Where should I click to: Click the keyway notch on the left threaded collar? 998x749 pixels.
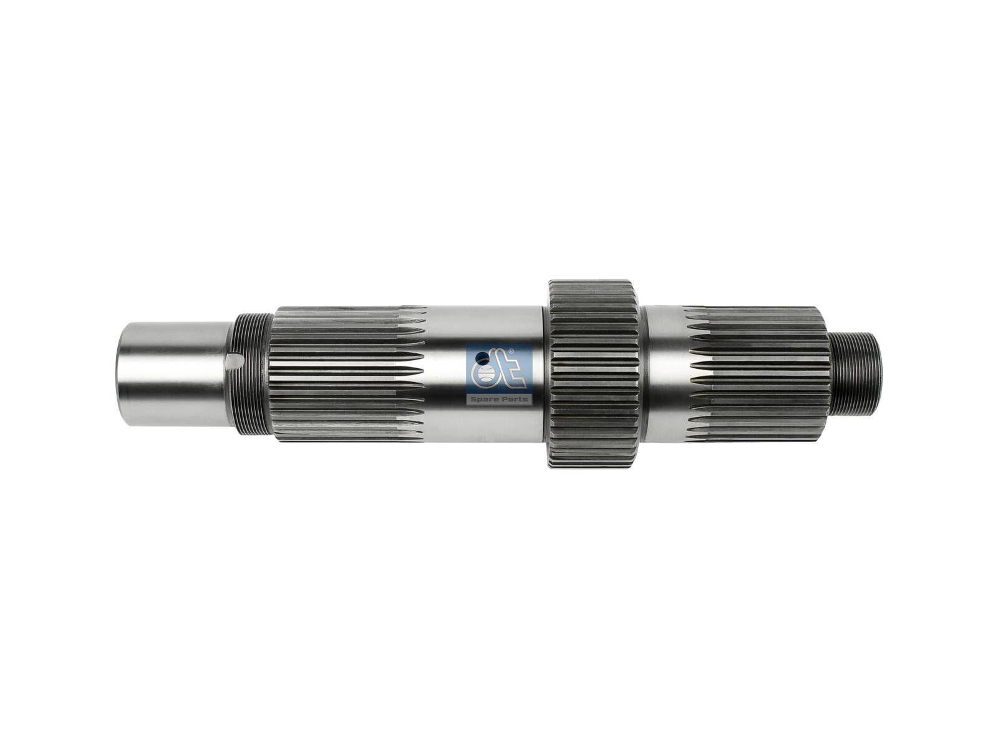tap(235, 361)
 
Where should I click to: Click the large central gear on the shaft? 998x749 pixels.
tap(593, 373)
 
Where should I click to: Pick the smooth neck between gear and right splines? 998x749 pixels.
tap(664, 373)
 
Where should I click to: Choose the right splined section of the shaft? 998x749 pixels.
tap(758, 373)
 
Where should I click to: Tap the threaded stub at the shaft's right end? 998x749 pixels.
tap(857, 373)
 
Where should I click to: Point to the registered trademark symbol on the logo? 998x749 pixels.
tap(511, 351)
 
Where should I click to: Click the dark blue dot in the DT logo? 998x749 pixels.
tap(482, 358)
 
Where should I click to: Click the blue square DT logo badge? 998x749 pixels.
tap(499, 373)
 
